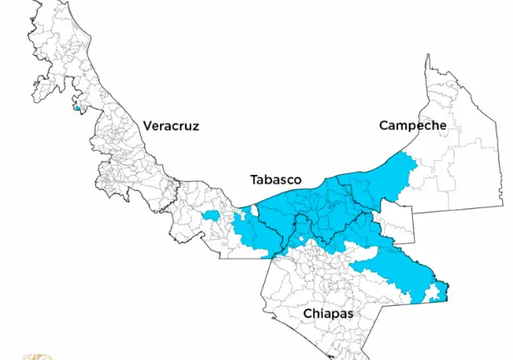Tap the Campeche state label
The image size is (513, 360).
[x=412, y=126]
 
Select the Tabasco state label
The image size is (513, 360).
[x=276, y=179]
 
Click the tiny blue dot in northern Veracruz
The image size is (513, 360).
[x=77, y=107]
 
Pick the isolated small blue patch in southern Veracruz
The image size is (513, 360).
[x=209, y=215]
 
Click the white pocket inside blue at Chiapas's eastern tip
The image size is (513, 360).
[x=433, y=292]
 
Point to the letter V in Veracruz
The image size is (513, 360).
[x=147, y=126]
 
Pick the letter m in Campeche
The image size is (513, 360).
[x=403, y=127]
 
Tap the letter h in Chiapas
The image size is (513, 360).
[x=316, y=313]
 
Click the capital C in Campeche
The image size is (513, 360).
[x=384, y=126]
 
